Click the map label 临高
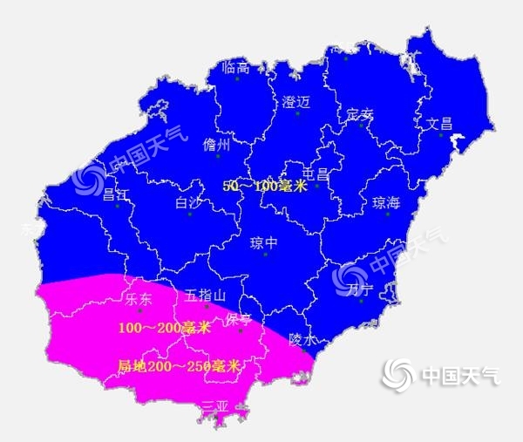(x=236, y=67)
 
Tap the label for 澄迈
(x=296, y=101)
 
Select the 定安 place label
(x=359, y=114)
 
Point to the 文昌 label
(x=440, y=123)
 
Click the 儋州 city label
(x=216, y=145)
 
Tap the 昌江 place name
(x=116, y=194)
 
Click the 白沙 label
(x=187, y=202)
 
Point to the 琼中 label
(x=263, y=242)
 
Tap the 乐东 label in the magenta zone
(x=139, y=299)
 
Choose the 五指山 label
(x=206, y=296)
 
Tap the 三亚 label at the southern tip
(x=214, y=406)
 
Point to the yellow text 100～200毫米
(x=164, y=327)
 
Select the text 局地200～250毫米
(x=180, y=367)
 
